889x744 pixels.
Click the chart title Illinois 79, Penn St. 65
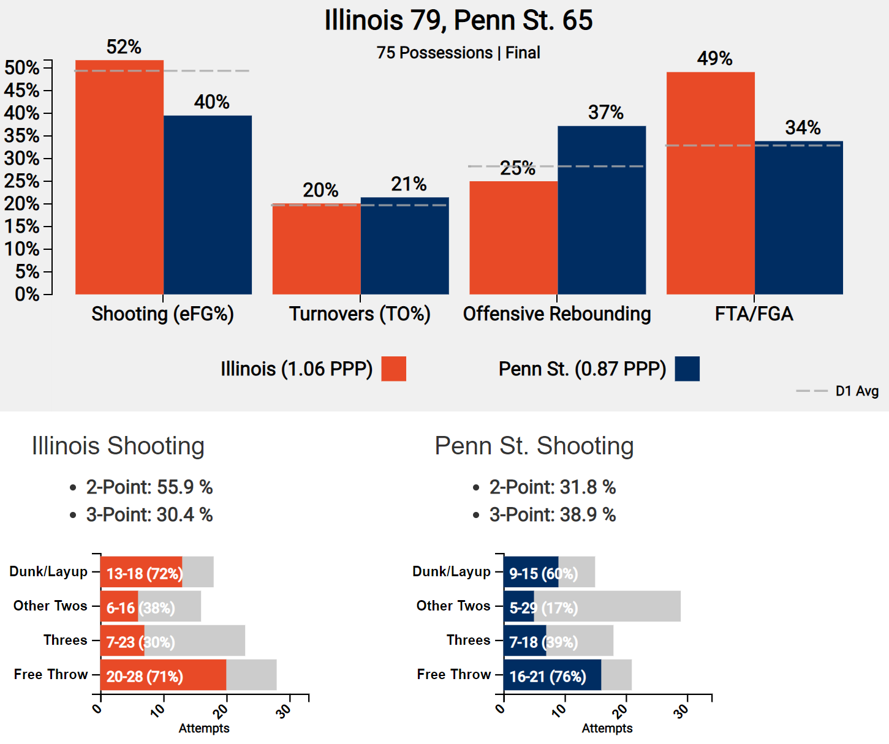pyautogui.click(x=458, y=20)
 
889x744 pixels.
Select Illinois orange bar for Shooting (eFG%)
pyautogui.click(x=119, y=178)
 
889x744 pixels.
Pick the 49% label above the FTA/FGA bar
pyautogui.click(x=714, y=59)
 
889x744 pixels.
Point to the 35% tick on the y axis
pyautogui.click(x=22, y=136)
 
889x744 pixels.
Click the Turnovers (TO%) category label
pyautogui.click(x=360, y=314)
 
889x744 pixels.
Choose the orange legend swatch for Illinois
pyautogui.click(x=393, y=369)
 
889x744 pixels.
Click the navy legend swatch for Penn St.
pyautogui.click(x=687, y=369)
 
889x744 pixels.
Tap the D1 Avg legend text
pyautogui.click(x=857, y=391)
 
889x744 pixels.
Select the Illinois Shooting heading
pyautogui.click(x=118, y=446)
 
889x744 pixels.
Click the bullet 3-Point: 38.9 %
pyautogui.click(x=552, y=515)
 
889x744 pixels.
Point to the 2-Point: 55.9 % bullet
pyautogui.click(x=149, y=487)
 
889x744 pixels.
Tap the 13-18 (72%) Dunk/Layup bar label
pyautogui.click(x=145, y=574)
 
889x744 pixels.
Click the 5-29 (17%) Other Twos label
pyautogui.click(x=543, y=608)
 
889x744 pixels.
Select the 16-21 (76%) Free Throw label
pyautogui.click(x=548, y=677)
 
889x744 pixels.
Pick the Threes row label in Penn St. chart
pyautogui.click(x=468, y=641)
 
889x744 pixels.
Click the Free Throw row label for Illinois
pyautogui.click(x=51, y=675)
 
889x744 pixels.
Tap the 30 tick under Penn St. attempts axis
pyautogui.click(x=682, y=711)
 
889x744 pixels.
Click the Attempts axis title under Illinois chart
pyautogui.click(x=204, y=729)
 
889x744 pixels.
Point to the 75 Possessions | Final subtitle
pyautogui.click(x=458, y=53)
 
